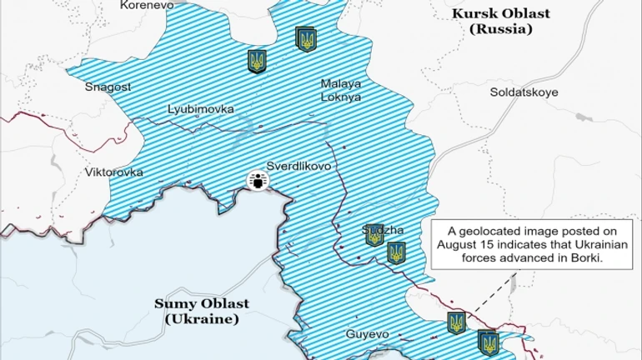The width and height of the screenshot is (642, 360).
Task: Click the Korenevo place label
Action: click(x=147, y=5)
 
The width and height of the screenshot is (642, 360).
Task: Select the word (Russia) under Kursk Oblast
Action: click(x=499, y=28)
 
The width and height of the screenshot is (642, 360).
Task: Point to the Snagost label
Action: click(x=108, y=87)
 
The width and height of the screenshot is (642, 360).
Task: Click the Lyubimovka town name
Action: click(x=201, y=109)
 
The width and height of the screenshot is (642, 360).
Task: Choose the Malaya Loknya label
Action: click(x=341, y=90)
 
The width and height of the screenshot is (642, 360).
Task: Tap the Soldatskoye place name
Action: click(x=524, y=92)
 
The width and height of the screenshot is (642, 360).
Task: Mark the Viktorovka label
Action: click(x=114, y=172)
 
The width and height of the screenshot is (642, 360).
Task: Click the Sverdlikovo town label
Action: click(x=298, y=166)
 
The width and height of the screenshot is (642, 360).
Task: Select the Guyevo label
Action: click(x=368, y=334)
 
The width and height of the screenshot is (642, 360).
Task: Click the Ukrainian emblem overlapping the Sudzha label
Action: click(x=374, y=235)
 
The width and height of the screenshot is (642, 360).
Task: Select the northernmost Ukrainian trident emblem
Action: click(x=306, y=38)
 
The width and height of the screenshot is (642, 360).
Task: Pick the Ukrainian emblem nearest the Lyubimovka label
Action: click(x=257, y=61)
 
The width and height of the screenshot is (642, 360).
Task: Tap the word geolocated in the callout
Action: click(x=499, y=231)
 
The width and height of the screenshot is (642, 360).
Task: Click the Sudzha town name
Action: click(x=384, y=229)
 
